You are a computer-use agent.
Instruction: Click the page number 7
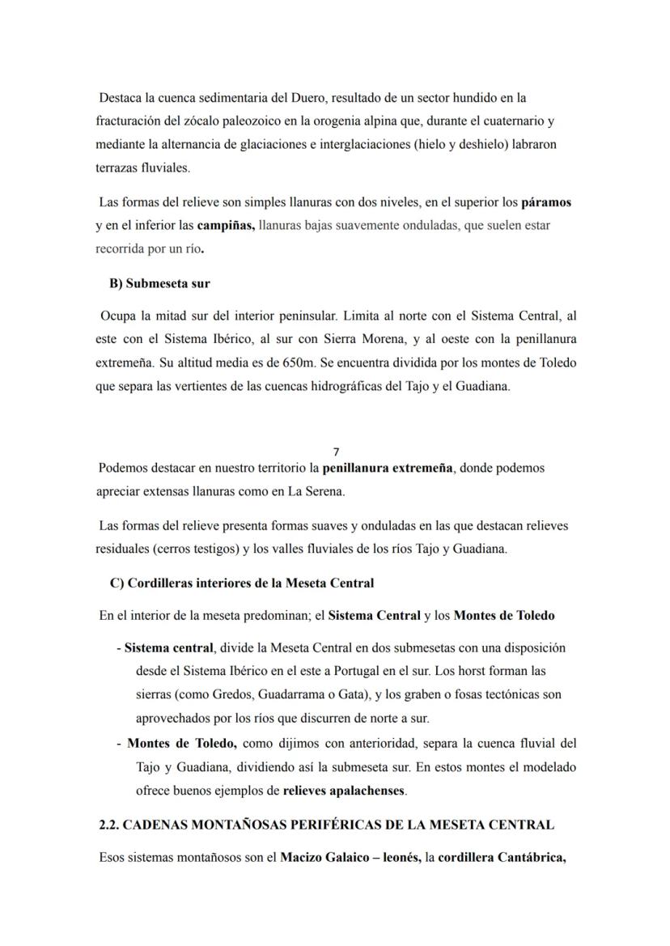pos(336,452)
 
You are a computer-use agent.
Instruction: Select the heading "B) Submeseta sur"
pos(159,284)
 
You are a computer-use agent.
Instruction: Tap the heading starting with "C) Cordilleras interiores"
pos(242,583)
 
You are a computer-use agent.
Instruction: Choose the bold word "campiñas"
pos(226,226)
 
